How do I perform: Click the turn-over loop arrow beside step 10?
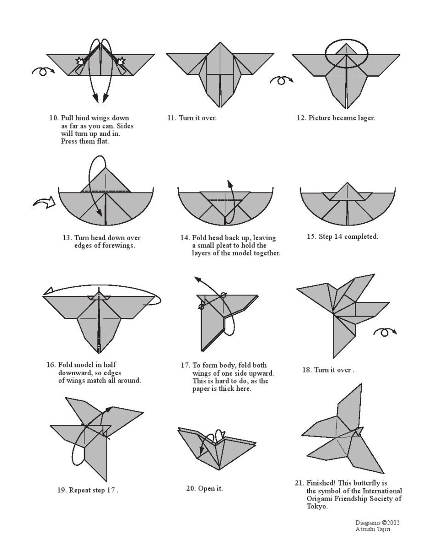(43, 70)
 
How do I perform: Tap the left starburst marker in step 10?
(80, 62)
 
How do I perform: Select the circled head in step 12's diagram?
(347, 53)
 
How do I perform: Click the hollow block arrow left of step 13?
(44, 202)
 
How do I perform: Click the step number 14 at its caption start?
(184, 237)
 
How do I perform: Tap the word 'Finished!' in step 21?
(321, 483)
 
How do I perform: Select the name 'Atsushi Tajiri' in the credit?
(373, 529)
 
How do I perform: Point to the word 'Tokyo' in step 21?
(317, 507)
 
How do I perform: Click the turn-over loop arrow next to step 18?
(385, 332)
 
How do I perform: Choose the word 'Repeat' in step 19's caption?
(80, 490)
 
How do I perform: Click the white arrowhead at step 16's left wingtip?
(48, 291)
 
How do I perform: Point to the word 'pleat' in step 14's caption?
(227, 245)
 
